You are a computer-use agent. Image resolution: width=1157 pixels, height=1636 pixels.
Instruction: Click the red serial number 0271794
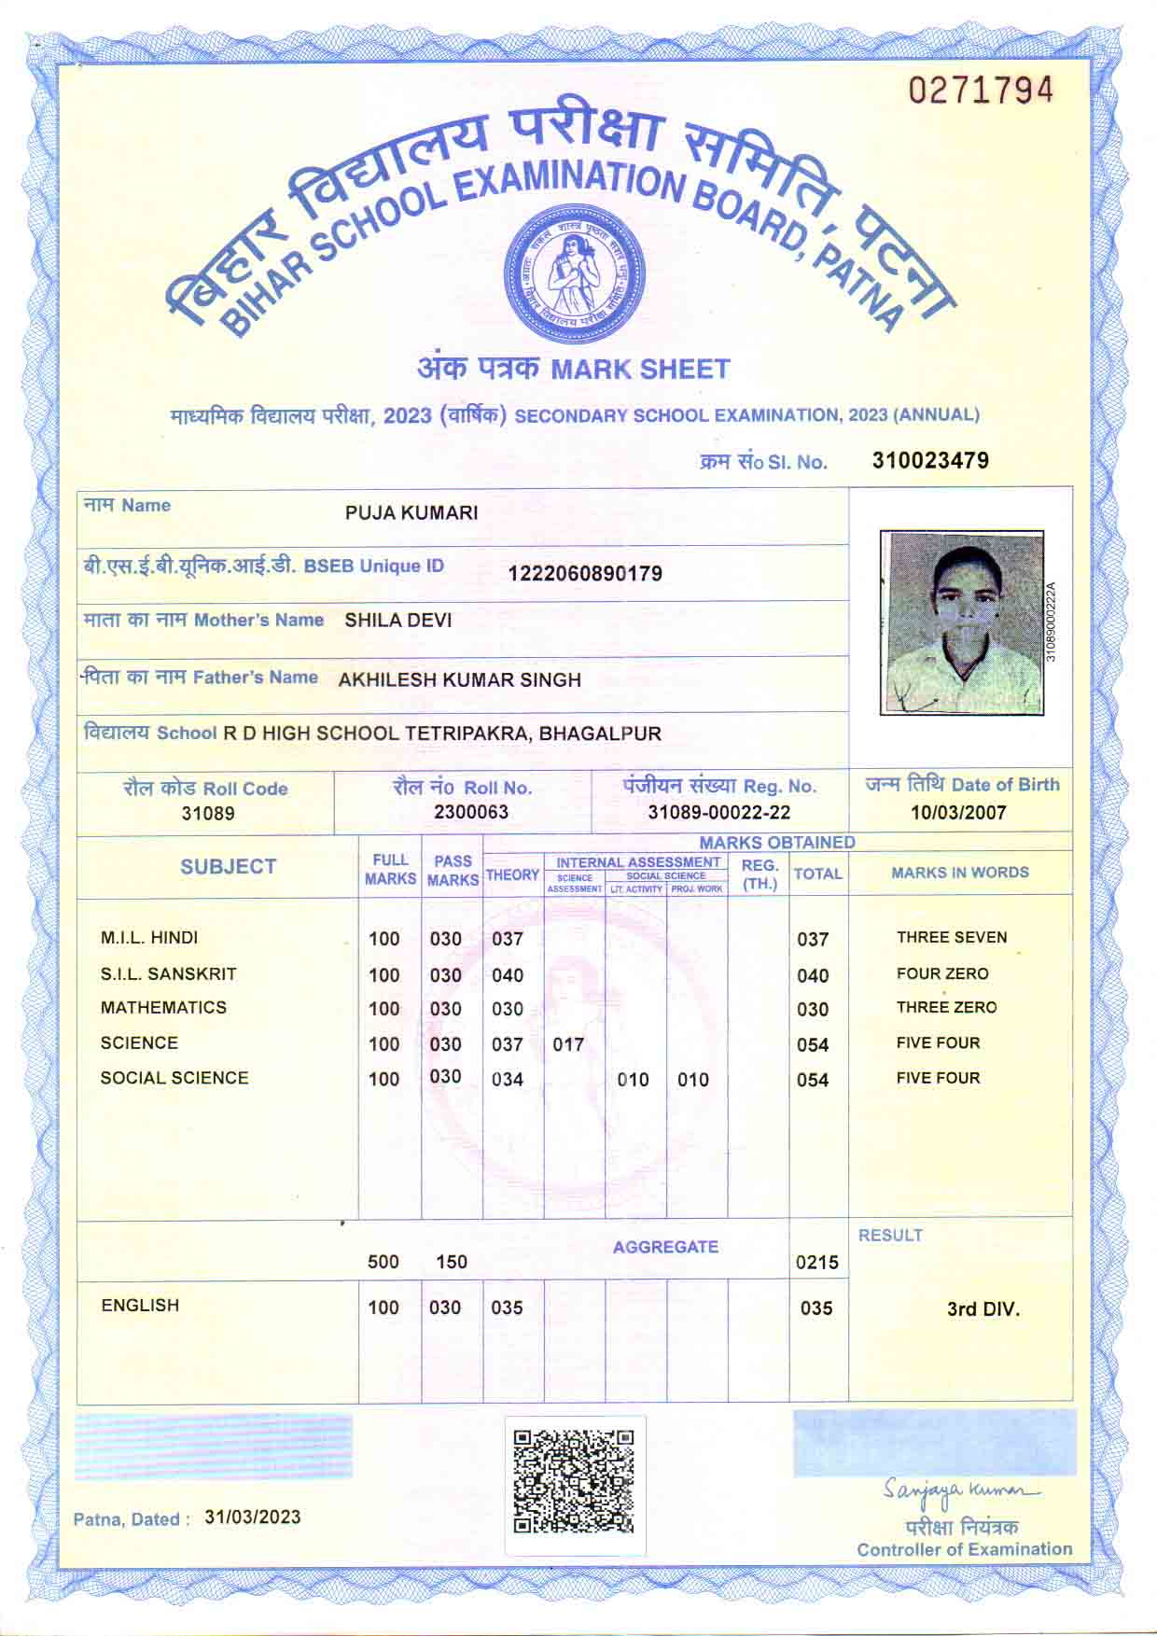click(981, 91)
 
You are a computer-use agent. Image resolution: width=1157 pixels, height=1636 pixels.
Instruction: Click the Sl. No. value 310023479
click(930, 460)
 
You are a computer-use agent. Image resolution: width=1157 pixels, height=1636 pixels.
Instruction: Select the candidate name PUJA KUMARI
click(411, 512)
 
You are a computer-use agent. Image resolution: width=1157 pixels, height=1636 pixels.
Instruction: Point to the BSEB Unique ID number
click(585, 573)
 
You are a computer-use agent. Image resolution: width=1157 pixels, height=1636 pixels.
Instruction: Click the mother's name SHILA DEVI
click(398, 621)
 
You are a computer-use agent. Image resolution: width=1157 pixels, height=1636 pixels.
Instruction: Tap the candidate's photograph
click(961, 622)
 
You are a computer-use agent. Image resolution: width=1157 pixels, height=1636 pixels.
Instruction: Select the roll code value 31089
click(208, 813)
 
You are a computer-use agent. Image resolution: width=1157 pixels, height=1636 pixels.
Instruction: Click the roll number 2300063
click(471, 812)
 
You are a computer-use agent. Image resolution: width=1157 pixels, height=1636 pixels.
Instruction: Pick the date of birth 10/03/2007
click(958, 812)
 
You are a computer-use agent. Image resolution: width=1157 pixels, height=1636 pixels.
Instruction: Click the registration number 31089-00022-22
click(718, 813)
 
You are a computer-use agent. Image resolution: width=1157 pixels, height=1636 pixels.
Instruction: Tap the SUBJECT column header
click(229, 867)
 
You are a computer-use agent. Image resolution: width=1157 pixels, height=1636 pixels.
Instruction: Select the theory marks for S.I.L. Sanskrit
click(508, 975)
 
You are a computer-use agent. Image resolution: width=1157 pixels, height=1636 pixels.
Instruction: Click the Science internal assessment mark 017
click(568, 1044)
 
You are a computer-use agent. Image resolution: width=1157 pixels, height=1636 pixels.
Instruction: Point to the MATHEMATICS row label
click(163, 1008)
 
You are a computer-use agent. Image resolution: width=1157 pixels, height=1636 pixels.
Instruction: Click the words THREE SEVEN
click(952, 938)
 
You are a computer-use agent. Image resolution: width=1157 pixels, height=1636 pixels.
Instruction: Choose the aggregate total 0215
click(816, 1263)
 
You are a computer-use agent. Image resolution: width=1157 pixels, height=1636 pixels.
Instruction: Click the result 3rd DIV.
click(983, 1309)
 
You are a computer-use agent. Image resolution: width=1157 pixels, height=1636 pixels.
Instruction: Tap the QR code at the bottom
click(574, 1481)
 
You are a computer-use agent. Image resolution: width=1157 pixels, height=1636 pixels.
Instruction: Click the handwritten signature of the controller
click(958, 1491)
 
